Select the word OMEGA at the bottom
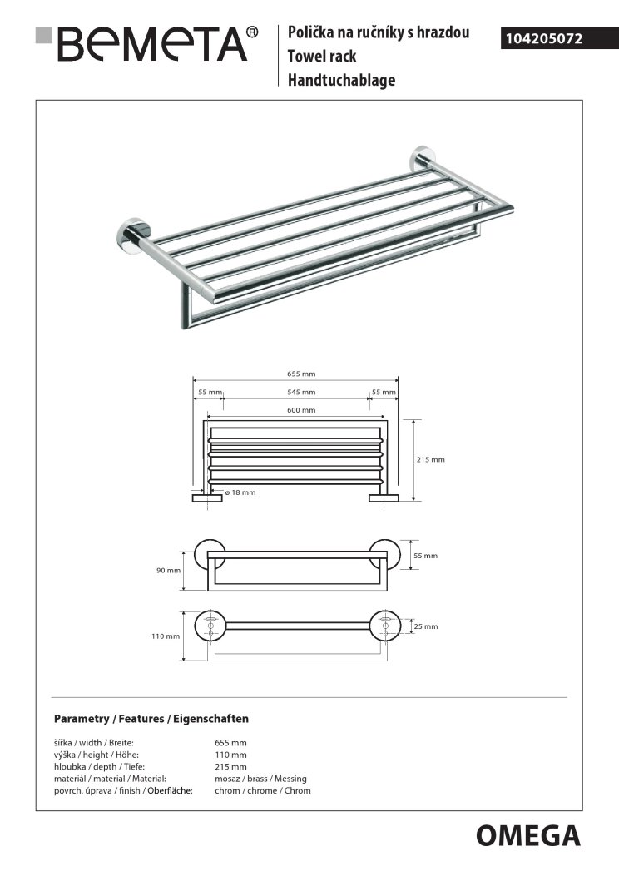[528, 834]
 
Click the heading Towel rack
[322, 57]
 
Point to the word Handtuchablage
[341, 81]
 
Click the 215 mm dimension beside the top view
[431, 459]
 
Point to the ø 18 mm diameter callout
[240, 492]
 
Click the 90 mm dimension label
[168, 570]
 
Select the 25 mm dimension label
[426, 626]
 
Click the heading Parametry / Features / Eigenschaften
[151, 718]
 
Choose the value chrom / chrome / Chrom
[262, 790]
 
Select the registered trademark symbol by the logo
[253, 32]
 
